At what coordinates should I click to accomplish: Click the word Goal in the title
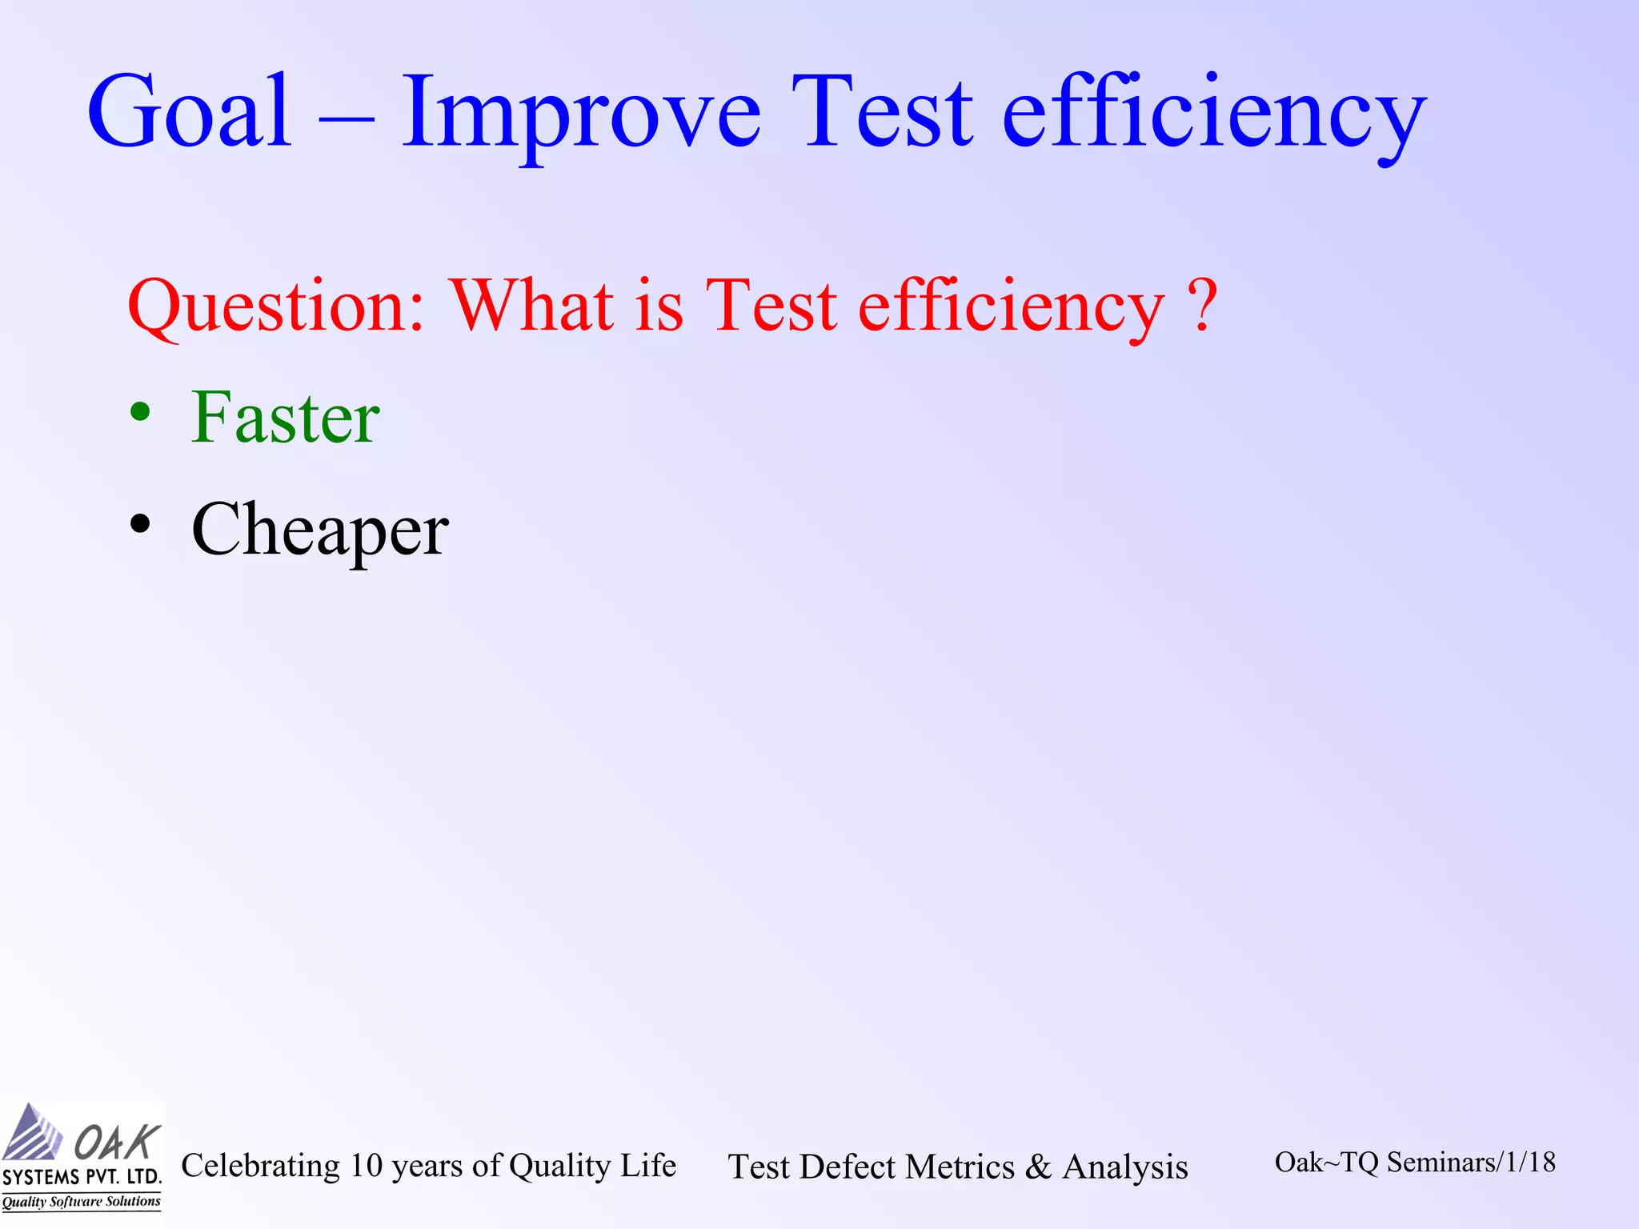click(x=190, y=112)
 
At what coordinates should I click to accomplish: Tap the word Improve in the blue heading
click(x=580, y=116)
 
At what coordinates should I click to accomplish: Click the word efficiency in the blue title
click(x=1213, y=116)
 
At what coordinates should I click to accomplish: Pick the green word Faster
click(x=285, y=418)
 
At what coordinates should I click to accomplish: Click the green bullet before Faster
click(x=140, y=413)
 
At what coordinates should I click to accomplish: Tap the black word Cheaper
click(x=320, y=531)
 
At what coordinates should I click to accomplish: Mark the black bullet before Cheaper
click(x=140, y=525)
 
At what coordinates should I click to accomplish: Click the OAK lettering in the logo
click(x=117, y=1142)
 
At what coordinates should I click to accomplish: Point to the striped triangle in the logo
click(x=32, y=1135)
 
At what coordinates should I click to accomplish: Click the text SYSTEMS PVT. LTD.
click(x=82, y=1177)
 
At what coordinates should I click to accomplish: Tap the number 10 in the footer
click(x=367, y=1166)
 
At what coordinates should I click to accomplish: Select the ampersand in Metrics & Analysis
click(x=1038, y=1167)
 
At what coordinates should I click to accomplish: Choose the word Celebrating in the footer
click(x=261, y=1166)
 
